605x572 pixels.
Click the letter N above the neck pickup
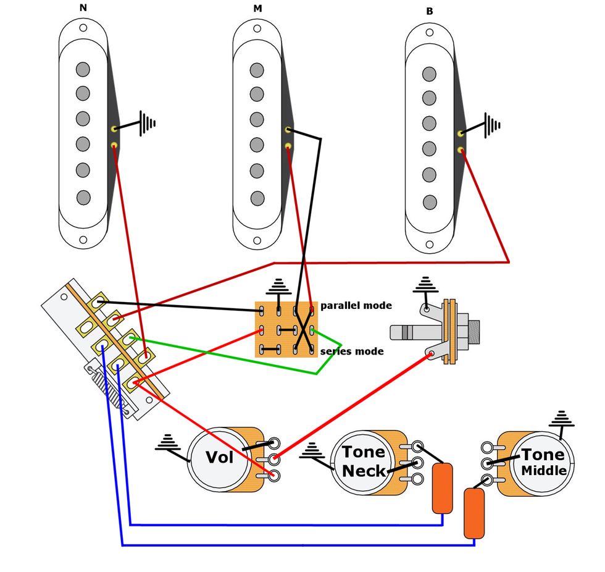83,8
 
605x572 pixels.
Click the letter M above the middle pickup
257,8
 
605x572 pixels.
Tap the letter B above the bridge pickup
430,11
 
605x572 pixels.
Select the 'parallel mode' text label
356,306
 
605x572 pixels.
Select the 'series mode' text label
352,351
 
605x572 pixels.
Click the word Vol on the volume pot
220,458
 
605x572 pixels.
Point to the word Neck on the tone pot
363,470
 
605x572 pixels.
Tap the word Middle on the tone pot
543,471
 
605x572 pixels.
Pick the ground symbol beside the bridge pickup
493,124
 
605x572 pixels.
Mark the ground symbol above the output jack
425,286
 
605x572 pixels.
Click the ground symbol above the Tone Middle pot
561,419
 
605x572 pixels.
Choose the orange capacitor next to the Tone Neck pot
442,488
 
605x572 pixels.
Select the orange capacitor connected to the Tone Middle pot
474,513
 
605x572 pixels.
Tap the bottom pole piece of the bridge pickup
430,201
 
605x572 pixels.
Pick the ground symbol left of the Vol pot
167,442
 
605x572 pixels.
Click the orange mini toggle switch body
287,329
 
